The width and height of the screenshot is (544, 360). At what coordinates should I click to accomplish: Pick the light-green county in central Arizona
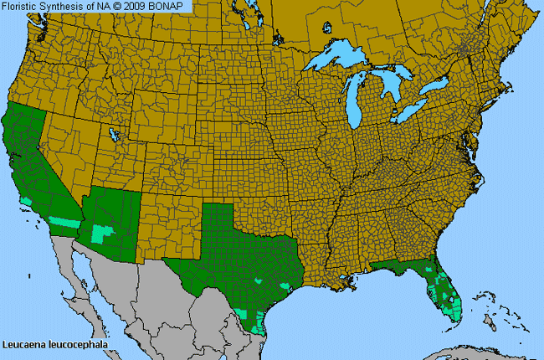(x=103, y=233)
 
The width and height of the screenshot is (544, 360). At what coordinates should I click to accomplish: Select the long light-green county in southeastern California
(x=62, y=222)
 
